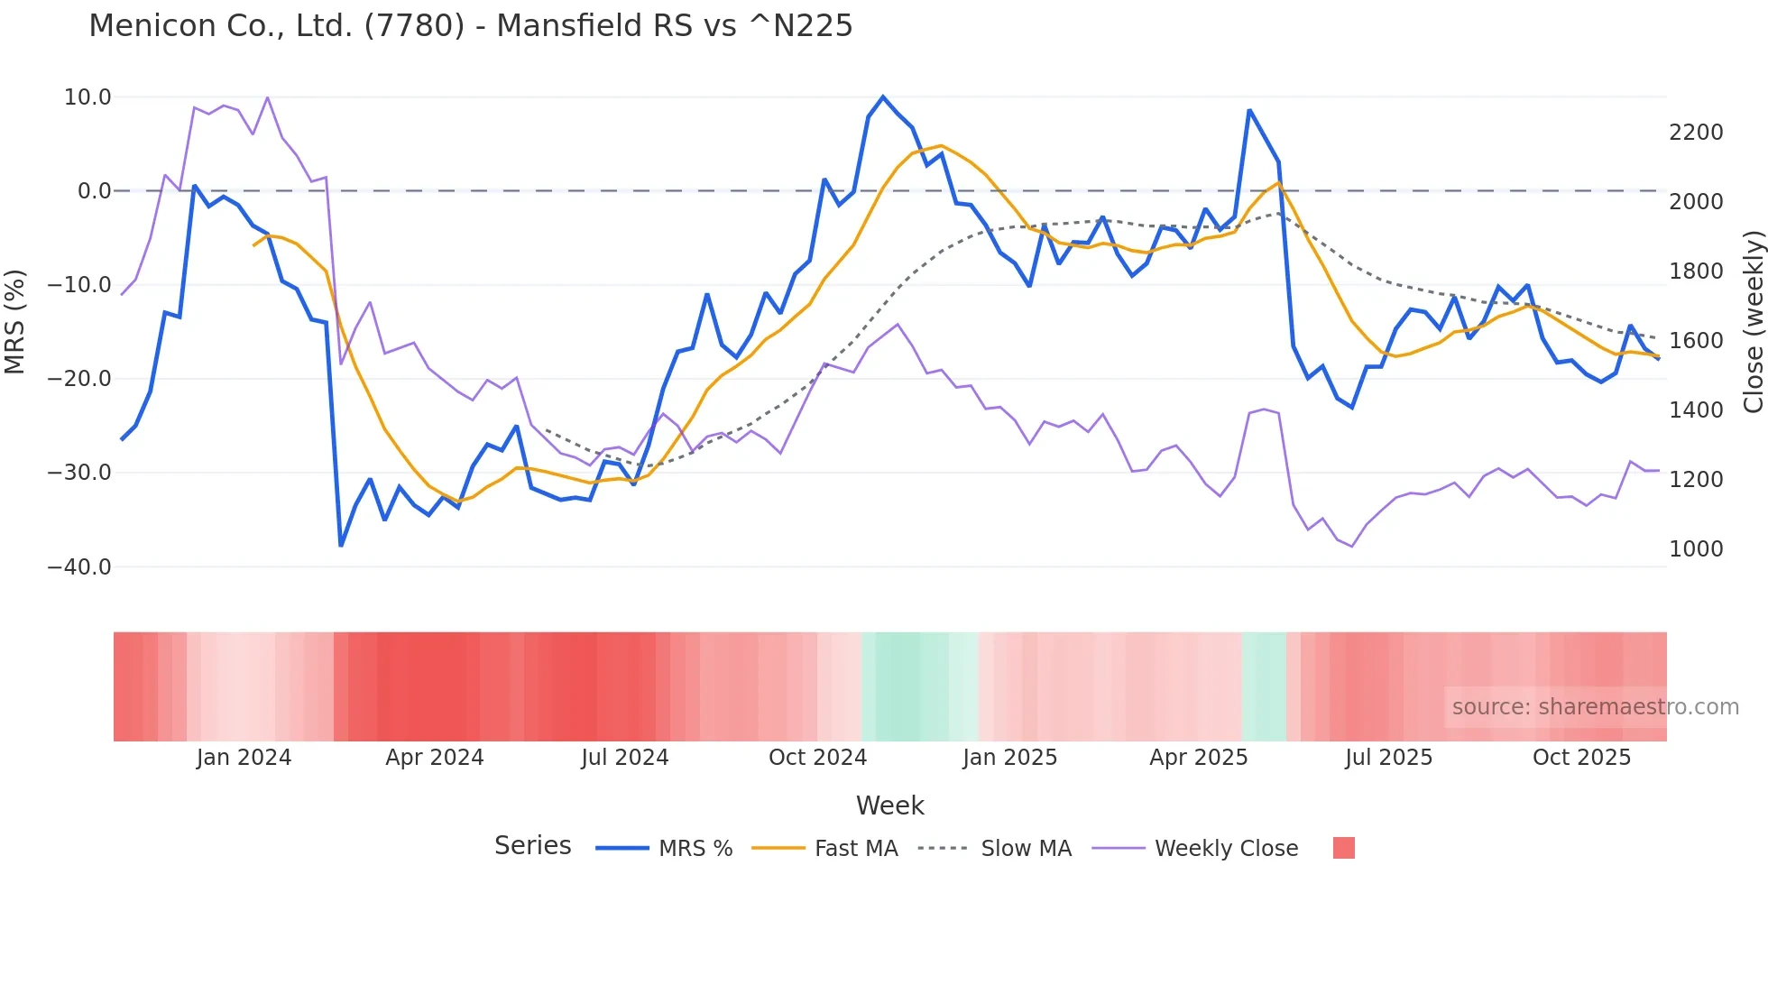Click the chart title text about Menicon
click(x=470, y=26)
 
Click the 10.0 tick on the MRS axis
click(x=87, y=97)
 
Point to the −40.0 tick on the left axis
click(x=79, y=567)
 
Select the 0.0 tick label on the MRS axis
click(x=94, y=191)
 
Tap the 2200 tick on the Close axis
click(x=1696, y=133)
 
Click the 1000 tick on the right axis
click(x=1696, y=549)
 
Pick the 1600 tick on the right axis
click(x=1696, y=341)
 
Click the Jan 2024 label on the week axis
click(x=244, y=758)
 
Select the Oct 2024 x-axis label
click(x=817, y=758)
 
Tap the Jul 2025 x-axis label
click(x=1388, y=758)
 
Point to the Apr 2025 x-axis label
click(x=1198, y=758)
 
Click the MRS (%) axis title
click(x=14, y=321)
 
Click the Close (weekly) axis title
click(x=1753, y=322)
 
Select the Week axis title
click(x=889, y=805)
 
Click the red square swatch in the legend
click(x=1343, y=848)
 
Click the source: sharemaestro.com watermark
click(x=1595, y=707)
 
